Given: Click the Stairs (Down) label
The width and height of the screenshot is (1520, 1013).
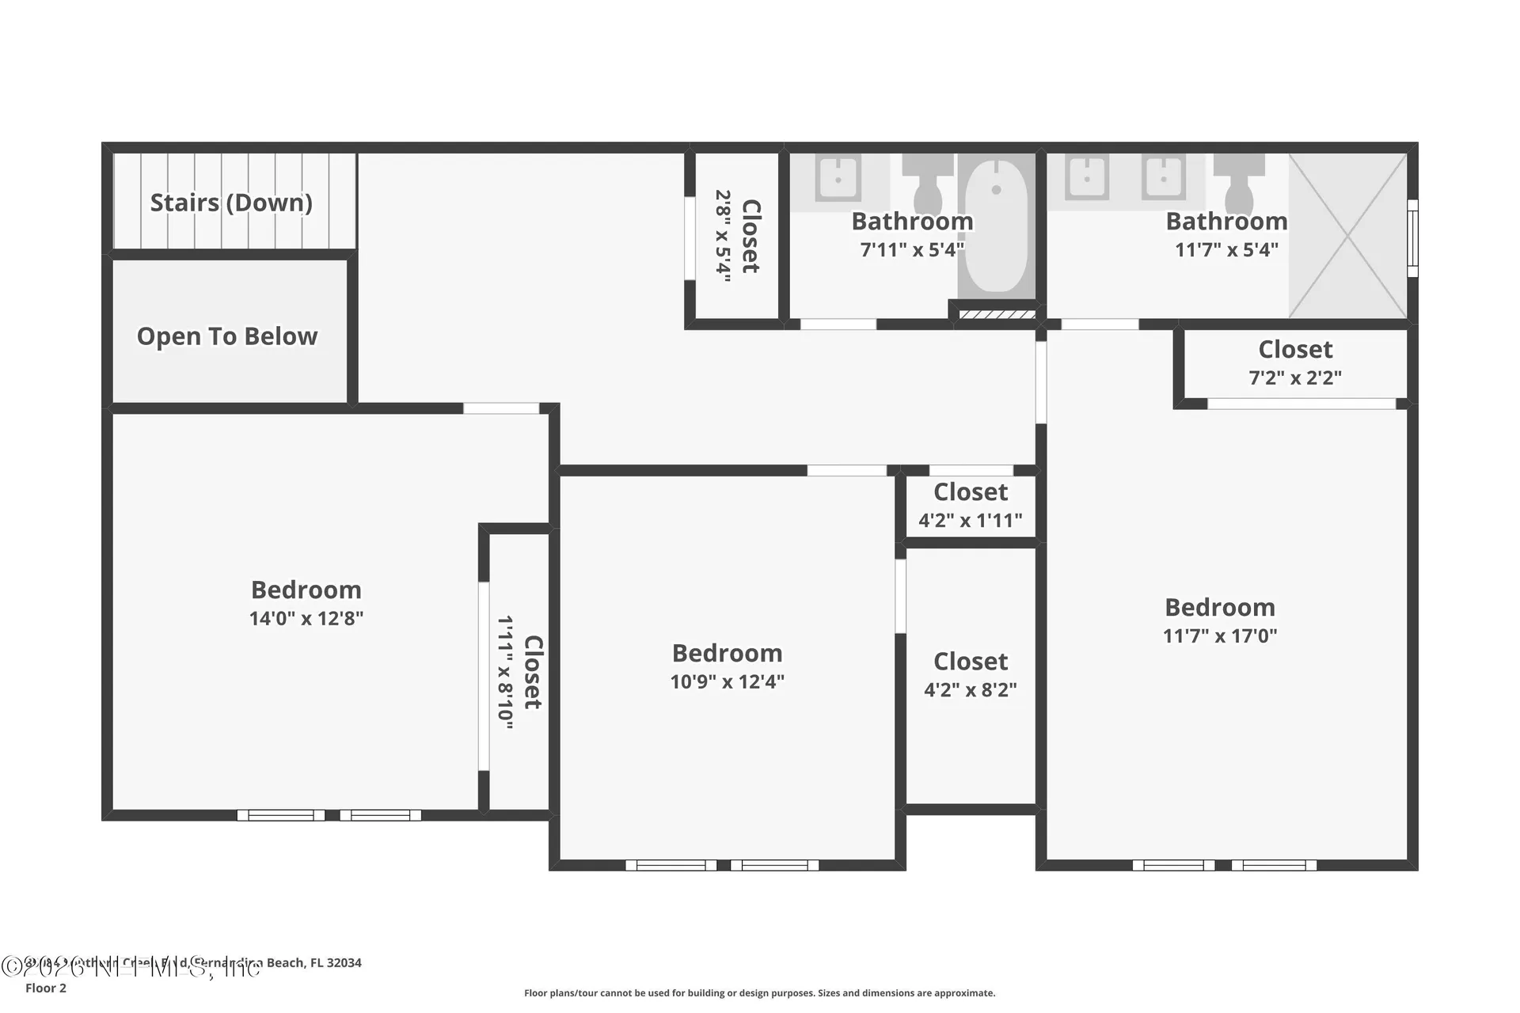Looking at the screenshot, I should (x=231, y=203).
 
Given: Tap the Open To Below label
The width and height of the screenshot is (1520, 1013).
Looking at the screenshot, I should (x=227, y=336).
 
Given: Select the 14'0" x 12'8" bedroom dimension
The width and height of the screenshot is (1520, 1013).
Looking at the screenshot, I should (x=306, y=618).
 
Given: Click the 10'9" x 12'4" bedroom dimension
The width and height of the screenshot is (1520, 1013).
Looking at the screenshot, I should (x=727, y=681).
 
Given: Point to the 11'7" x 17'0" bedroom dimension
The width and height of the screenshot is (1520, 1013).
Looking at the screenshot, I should (x=1219, y=635).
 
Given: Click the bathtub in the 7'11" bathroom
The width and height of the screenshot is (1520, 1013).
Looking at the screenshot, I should (x=996, y=226).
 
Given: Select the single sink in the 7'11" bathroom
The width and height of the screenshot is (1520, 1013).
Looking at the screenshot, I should (x=838, y=179).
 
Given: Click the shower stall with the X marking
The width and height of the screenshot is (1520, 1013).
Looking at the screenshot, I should (x=1347, y=236).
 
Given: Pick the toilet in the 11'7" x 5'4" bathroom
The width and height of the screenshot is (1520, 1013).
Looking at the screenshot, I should (x=1238, y=185).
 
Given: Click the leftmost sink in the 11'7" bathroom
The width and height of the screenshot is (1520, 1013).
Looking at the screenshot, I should (x=1087, y=178).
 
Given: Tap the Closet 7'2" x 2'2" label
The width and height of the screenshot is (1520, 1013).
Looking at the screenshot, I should (x=1295, y=363).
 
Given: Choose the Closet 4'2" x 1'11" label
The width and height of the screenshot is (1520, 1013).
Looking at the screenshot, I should (x=971, y=506).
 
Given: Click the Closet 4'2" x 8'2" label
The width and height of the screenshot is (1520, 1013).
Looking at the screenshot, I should (x=971, y=675).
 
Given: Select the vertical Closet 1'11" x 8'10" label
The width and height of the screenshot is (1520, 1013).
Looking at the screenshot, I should (x=519, y=672).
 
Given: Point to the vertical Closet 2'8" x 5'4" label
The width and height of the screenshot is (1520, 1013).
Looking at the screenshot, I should (x=737, y=236).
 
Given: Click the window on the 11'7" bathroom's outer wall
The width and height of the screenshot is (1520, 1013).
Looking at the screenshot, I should (x=1412, y=237).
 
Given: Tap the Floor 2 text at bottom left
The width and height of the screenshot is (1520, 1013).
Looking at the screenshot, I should (x=46, y=988).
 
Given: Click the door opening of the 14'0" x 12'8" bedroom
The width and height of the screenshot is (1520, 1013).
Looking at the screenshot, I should (x=501, y=408).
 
